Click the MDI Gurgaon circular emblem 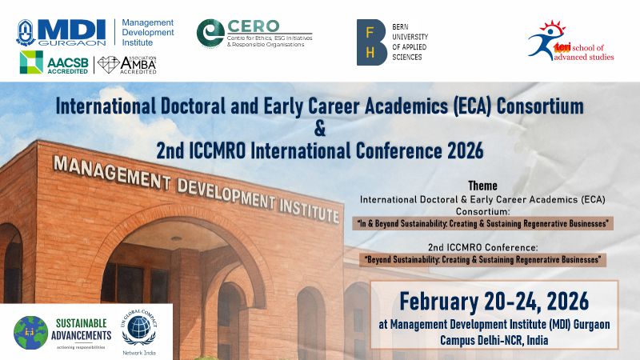27,31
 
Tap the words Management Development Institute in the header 147,33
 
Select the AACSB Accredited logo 54,62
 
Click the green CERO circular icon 210,32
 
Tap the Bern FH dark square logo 372,41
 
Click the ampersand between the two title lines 320,127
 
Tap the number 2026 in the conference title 455,150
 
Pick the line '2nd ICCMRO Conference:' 482,246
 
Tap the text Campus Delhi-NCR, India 494,339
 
